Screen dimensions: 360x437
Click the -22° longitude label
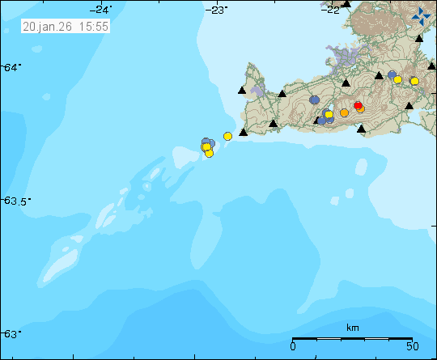pyautogui.click(x=329, y=9)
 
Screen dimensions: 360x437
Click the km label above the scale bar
pyautogui.click(x=352, y=328)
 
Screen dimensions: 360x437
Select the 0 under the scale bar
pyautogui.click(x=293, y=346)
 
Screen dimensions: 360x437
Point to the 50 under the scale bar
pyautogui.click(x=411, y=346)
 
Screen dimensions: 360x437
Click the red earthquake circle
pyautogui.click(x=358, y=105)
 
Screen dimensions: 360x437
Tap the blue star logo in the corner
pyautogui.click(x=421, y=15)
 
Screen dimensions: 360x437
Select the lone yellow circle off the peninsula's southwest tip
pyautogui.click(x=227, y=136)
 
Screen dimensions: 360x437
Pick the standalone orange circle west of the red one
pyautogui.click(x=344, y=112)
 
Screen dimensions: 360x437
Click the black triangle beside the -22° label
pyautogui.click(x=346, y=4)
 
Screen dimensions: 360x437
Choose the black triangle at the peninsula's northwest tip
pyautogui.click(x=242, y=91)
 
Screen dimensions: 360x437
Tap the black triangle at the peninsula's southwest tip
pyautogui.click(x=243, y=131)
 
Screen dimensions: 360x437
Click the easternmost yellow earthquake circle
pyautogui.click(x=414, y=81)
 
